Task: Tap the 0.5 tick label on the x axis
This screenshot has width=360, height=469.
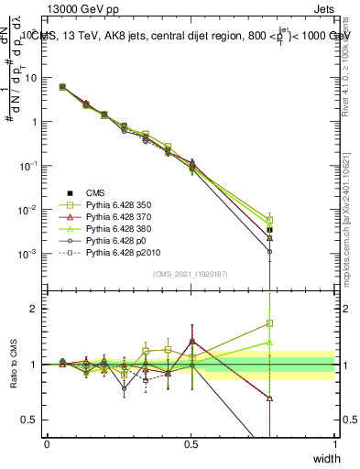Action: [191, 445]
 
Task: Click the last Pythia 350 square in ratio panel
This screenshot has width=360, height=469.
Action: [269, 323]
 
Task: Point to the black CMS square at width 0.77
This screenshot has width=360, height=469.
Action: [269, 230]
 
